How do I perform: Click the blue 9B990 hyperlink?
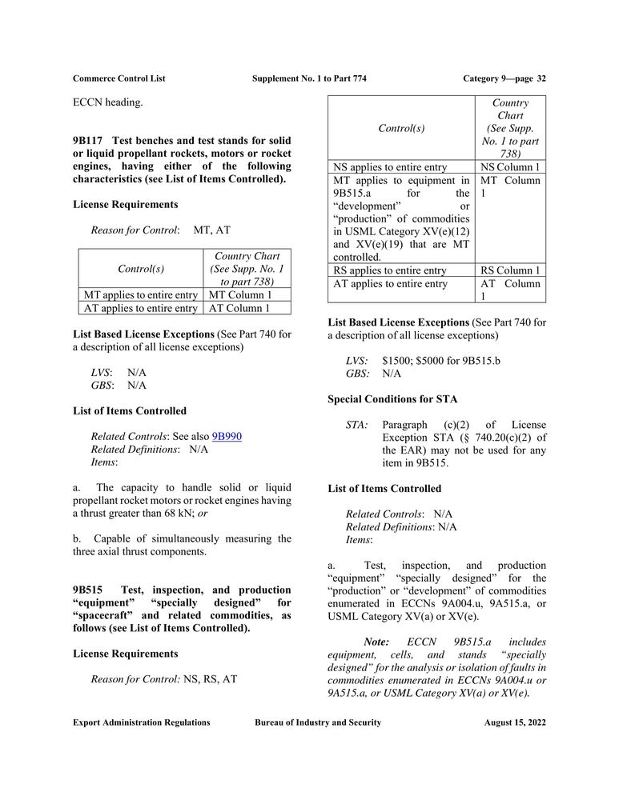point(227,436)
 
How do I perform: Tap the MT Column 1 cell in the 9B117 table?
point(239,295)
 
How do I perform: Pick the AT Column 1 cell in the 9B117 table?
point(239,308)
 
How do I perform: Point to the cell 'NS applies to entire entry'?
point(390,167)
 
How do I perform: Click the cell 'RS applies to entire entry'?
point(390,270)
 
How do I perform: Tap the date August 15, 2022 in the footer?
point(515,722)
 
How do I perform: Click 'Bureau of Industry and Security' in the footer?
point(318,722)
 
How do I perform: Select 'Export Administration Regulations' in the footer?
point(142,722)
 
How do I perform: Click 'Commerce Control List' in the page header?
point(119,78)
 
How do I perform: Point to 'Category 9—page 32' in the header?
point(504,78)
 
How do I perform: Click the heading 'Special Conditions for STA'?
point(392,398)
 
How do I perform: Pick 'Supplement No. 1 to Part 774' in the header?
point(309,78)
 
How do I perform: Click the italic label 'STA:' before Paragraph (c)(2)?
point(356,425)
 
